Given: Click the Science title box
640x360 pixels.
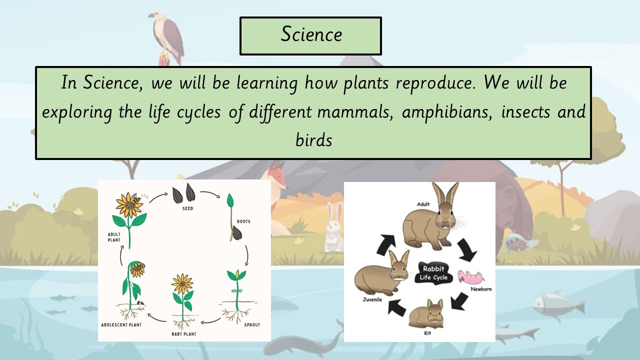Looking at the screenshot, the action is click(310, 35).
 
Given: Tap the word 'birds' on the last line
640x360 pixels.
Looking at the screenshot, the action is click(313, 140).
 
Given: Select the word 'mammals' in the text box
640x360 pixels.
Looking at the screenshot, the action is click(355, 111).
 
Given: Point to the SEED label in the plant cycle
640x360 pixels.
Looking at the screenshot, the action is click(187, 208).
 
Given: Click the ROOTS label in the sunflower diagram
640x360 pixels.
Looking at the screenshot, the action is click(243, 221).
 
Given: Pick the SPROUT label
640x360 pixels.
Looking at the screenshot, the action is click(252, 325).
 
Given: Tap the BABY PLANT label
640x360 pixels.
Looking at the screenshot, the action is click(183, 334).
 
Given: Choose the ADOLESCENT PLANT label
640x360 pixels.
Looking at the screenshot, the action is click(121, 325).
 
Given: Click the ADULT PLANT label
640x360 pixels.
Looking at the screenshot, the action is click(114, 237).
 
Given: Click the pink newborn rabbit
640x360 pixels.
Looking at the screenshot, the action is click(471, 276).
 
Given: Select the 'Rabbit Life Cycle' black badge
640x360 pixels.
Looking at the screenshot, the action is click(433, 273).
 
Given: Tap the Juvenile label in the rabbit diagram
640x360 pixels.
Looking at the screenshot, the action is click(372, 299).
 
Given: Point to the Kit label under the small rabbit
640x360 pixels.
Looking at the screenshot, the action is click(427, 333).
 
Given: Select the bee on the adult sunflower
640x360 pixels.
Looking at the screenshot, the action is click(136, 199).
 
